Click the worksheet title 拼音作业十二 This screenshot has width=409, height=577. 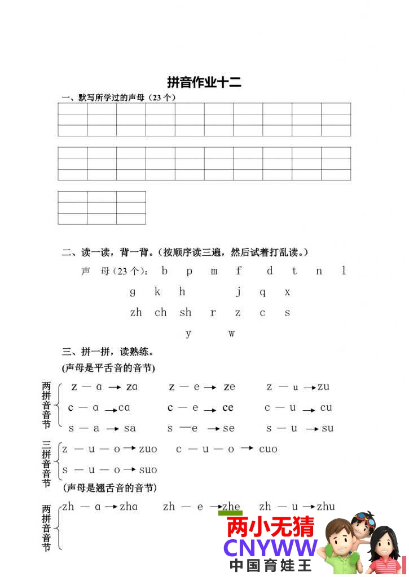click(x=204, y=82)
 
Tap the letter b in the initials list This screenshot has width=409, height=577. click(x=165, y=271)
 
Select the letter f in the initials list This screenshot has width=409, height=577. click(x=239, y=271)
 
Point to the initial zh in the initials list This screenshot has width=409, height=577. click(x=136, y=313)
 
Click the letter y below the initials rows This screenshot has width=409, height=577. click(x=188, y=334)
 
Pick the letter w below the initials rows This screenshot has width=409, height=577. click(x=231, y=334)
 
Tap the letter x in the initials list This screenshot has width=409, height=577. click(x=287, y=292)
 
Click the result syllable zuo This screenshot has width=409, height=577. click(x=148, y=449)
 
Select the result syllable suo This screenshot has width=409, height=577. click(x=148, y=470)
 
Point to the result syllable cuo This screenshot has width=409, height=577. click(x=268, y=449)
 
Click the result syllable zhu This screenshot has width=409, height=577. click(x=326, y=507)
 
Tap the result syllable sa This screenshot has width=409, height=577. click(x=130, y=428)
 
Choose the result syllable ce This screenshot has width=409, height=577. click(x=228, y=407)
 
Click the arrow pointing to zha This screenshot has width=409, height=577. click(x=111, y=507)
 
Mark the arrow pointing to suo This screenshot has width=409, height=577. click(x=130, y=469)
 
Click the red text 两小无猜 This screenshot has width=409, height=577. click(x=270, y=527)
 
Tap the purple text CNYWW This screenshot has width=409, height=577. click(x=270, y=548)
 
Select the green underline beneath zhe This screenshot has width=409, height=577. click(x=230, y=513)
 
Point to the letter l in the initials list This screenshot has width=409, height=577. click(x=344, y=271)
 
